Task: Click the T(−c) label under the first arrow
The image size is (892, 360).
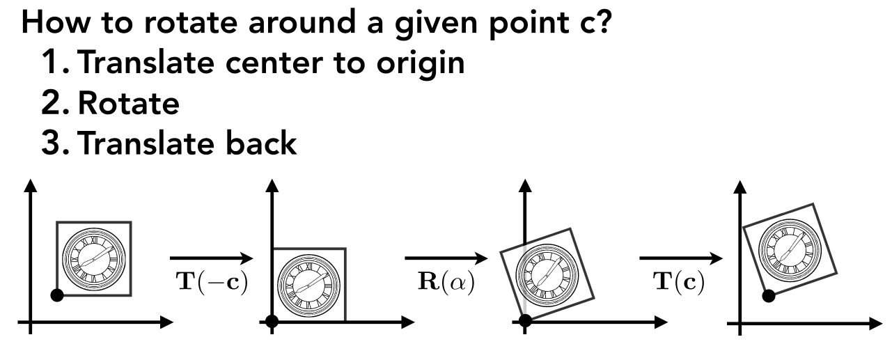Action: (x=212, y=282)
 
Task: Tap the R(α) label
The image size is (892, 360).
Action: (x=446, y=282)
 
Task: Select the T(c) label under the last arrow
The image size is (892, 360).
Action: (x=678, y=282)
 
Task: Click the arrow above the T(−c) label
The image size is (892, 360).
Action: (x=212, y=258)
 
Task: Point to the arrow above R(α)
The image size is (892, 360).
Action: (x=446, y=258)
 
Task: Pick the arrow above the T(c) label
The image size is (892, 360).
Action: (x=681, y=258)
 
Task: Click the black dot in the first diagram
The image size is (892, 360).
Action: (x=57, y=295)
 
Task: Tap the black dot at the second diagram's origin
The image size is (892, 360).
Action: (x=272, y=321)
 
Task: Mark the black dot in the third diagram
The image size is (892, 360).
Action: (x=525, y=320)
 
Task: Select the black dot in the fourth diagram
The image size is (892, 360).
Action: (x=769, y=296)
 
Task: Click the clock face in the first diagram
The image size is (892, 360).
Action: (x=94, y=259)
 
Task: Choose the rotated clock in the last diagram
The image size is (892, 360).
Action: (x=790, y=250)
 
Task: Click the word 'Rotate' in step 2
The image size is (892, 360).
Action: (x=129, y=104)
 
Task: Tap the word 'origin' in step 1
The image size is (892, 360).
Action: (x=421, y=65)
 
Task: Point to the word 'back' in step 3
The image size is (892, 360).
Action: (x=261, y=143)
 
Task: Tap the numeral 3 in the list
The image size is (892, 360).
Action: (x=51, y=143)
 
